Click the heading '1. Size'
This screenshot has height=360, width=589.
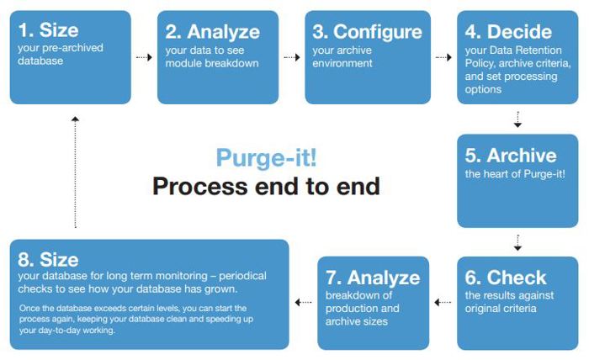[49, 32]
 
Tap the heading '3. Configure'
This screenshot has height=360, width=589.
[367, 32]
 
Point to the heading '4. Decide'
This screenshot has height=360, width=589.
[508, 32]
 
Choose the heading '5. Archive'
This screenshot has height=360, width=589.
[510, 156]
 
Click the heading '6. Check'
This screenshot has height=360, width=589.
[505, 278]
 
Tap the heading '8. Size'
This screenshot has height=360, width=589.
[49, 259]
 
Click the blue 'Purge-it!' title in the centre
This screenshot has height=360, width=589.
[267, 157]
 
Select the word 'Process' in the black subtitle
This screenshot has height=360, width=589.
[195, 186]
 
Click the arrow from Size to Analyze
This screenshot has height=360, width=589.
[144, 58]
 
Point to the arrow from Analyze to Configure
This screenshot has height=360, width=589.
[292, 58]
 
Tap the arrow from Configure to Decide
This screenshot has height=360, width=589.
[443, 58]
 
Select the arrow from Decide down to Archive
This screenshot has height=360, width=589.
[517, 119]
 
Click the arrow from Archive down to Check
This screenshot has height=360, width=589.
[517, 242]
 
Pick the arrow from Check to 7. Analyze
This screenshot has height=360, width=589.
[443, 301]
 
